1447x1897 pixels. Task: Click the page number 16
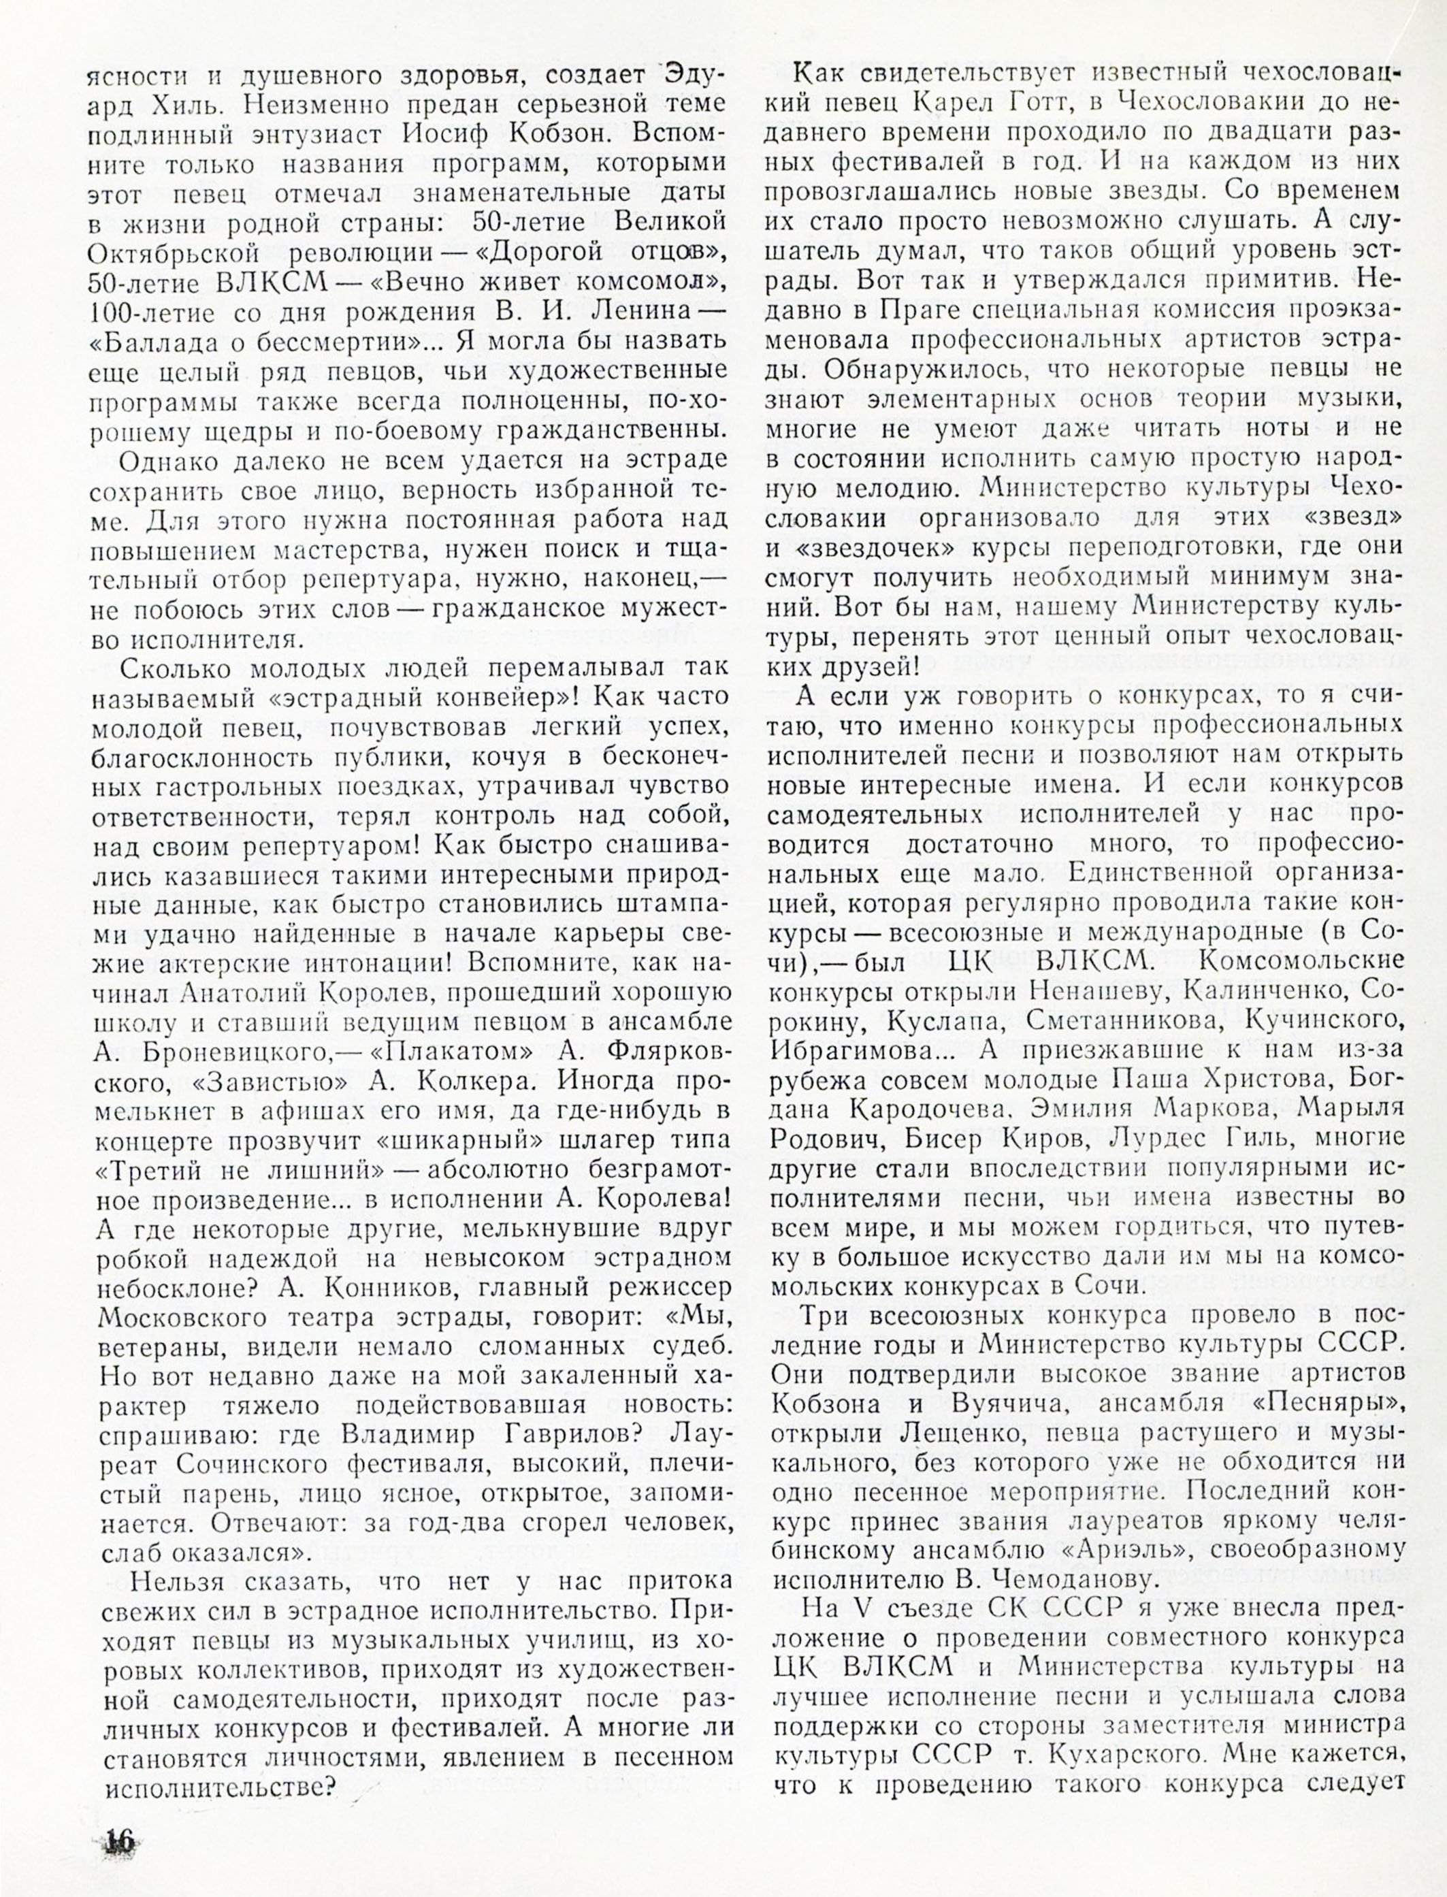pos(120,1839)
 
